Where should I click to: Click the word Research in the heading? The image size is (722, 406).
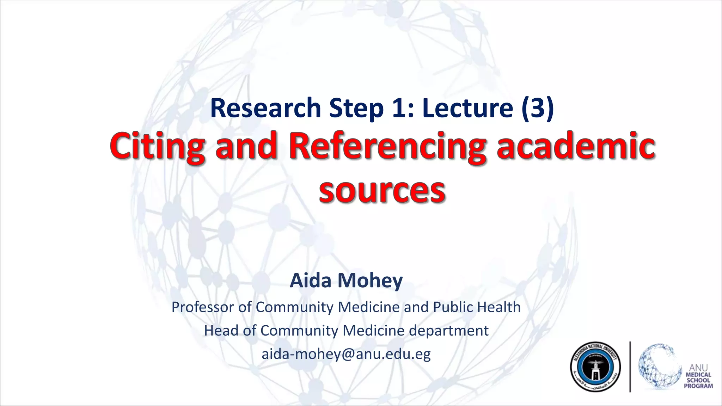click(265, 108)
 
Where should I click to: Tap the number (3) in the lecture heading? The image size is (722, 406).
click(537, 108)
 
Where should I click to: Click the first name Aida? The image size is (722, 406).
click(311, 281)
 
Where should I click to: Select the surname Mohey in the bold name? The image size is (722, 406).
click(370, 281)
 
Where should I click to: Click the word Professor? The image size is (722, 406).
click(203, 307)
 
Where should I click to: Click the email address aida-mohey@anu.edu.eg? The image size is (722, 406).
click(346, 354)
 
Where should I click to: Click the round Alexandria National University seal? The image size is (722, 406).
click(595, 367)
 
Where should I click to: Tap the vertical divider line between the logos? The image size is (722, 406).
click(630, 367)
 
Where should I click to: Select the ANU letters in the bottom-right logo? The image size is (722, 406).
click(698, 368)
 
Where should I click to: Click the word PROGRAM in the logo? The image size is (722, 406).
click(698, 386)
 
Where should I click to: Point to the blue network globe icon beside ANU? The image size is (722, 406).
click(658, 367)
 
